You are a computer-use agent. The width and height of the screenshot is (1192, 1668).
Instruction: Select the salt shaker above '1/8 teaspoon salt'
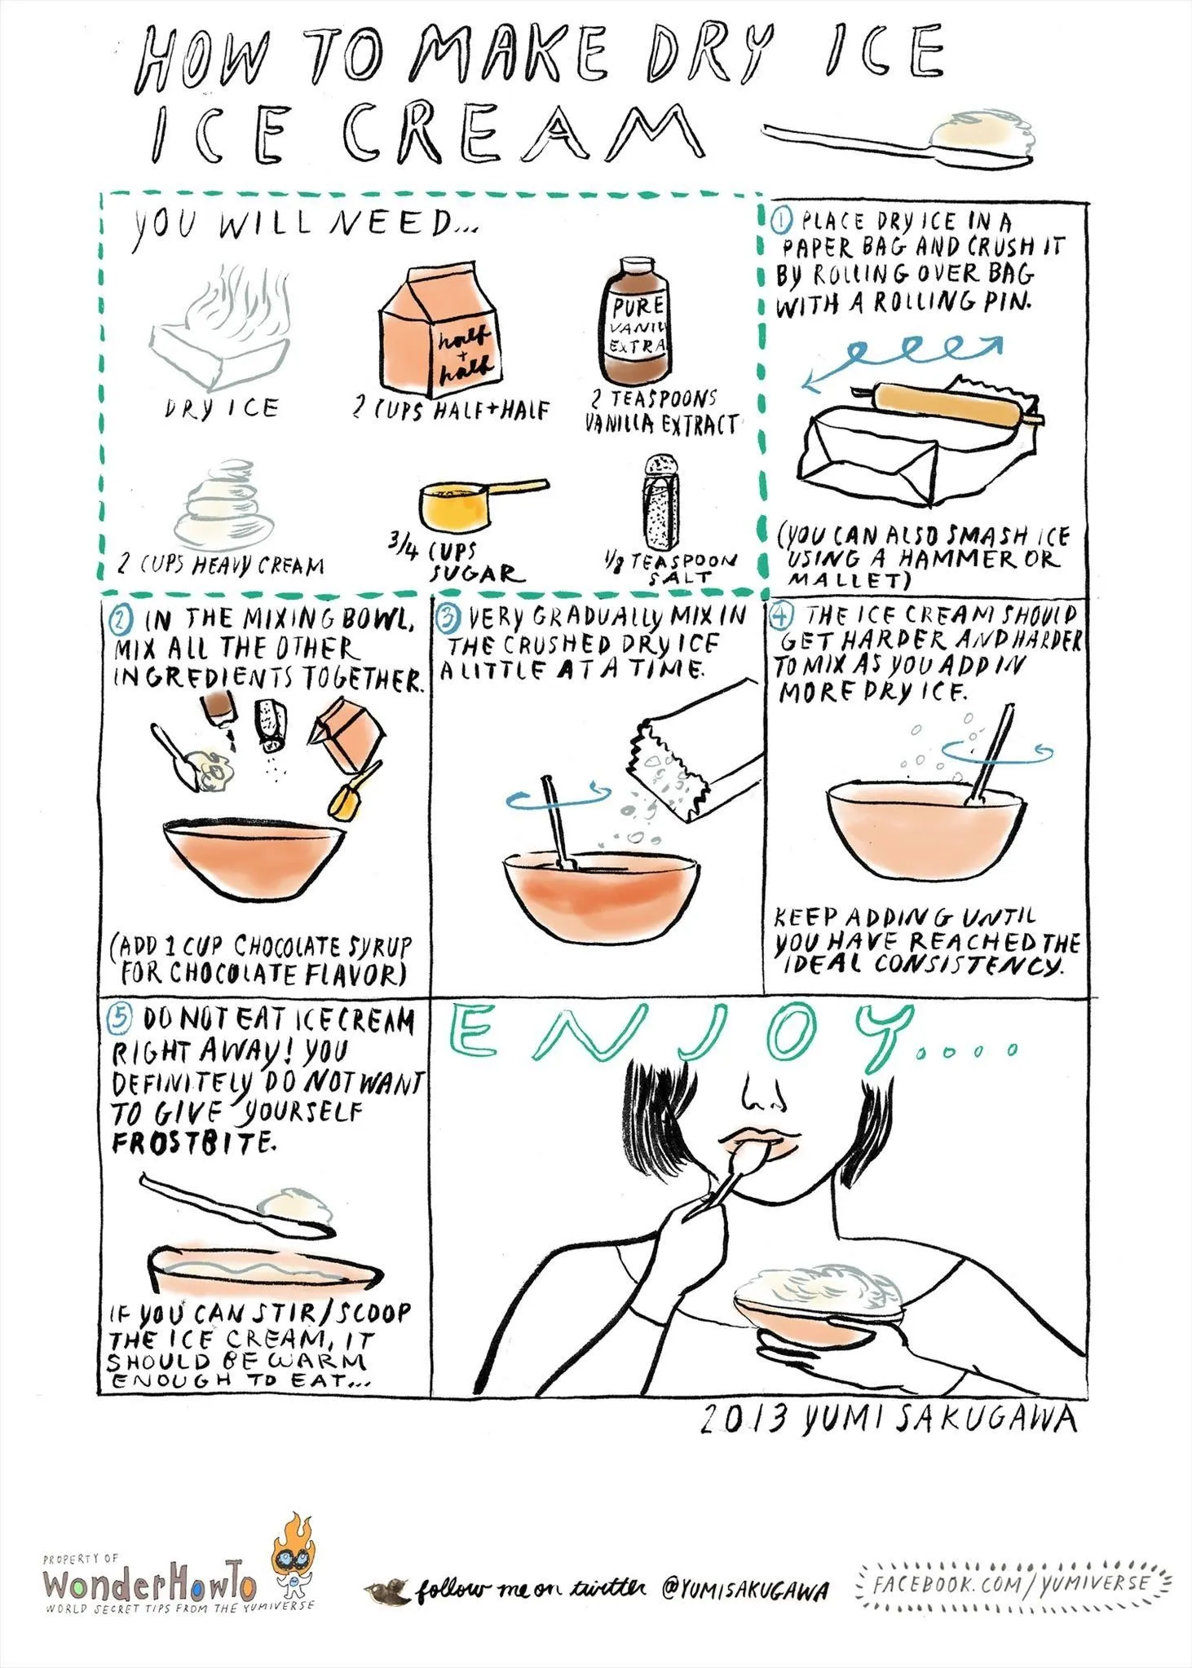coord(662,503)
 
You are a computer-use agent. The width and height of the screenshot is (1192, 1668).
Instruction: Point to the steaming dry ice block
coord(219,330)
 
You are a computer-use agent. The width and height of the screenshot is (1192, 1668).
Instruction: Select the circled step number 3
coord(448,619)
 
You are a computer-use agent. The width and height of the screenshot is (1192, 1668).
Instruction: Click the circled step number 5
coord(120,1017)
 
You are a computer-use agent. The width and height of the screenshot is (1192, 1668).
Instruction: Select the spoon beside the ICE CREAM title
coord(901,139)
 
